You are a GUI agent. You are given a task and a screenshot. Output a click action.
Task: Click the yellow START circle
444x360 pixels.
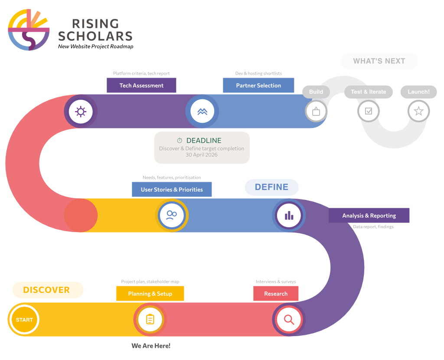(24, 320)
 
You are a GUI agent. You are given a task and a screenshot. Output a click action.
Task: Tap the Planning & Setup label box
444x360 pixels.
(150, 294)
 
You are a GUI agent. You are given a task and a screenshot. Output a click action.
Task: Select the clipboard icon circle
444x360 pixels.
(150, 320)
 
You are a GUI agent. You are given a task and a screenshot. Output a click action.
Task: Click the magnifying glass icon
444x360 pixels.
(289, 320)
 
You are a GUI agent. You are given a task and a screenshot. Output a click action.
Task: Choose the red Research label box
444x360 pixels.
(276, 294)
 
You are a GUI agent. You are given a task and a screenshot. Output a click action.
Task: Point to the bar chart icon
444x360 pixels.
(289, 216)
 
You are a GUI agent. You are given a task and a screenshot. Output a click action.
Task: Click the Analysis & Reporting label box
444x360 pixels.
(369, 216)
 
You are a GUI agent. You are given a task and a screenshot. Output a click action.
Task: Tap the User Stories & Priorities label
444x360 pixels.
(172, 190)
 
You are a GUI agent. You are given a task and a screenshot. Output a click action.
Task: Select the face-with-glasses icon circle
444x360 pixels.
(172, 216)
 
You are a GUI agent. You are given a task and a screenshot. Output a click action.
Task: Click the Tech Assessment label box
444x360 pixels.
(141, 85)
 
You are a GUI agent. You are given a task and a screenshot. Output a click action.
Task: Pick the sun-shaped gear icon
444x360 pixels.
(81, 111)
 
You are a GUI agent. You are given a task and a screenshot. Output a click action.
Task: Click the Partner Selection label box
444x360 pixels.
(258, 85)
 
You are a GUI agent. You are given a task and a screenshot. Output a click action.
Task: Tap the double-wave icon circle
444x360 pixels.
(202, 111)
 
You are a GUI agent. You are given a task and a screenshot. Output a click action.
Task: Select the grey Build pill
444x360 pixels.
(316, 92)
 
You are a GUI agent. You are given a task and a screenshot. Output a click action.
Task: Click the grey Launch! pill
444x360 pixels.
(419, 92)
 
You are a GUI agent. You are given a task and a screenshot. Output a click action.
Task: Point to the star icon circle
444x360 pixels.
(419, 111)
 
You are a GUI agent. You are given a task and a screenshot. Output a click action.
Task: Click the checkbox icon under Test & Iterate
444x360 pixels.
(369, 111)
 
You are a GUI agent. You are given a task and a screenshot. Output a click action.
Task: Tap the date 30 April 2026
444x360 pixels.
(202, 155)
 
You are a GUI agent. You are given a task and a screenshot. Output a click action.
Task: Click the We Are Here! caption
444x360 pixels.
(151, 346)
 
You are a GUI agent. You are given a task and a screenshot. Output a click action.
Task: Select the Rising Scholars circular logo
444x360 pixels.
(29, 29)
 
